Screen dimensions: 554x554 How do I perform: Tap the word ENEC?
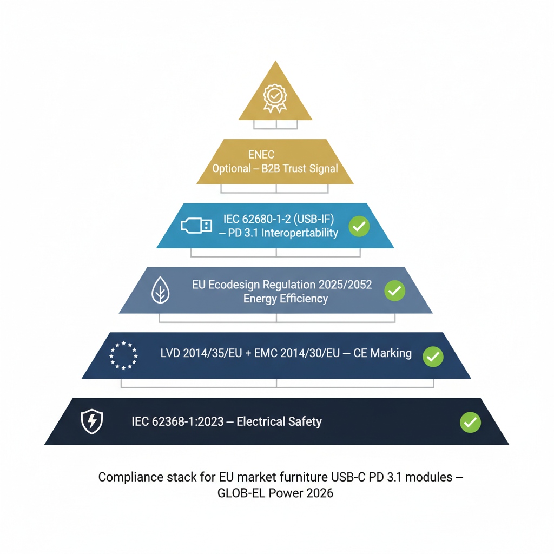click(x=261, y=155)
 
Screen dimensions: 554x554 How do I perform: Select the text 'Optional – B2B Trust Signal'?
click(x=275, y=169)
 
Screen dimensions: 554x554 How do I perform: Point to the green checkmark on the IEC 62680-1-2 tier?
click(x=359, y=226)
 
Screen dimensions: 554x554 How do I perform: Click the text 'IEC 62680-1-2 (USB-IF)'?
click(x=279, y=219)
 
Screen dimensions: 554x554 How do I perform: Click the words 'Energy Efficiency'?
click(x=285, y=299)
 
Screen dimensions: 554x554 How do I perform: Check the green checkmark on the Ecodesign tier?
click(x=394, y=291)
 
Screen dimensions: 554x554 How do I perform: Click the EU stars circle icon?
click(x=123, y=355)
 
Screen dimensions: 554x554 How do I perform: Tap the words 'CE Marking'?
click(x=382, y=354)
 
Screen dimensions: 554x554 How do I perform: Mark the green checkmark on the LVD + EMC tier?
click(x=433, y=356)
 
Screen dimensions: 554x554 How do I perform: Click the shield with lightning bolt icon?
click(x=91, y=421)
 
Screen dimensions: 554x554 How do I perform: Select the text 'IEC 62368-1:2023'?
click(x=177, y=421)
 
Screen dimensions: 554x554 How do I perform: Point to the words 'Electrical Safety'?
click(x=280, y=421)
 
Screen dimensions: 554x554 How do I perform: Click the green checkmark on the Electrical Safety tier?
click(x=470, y=422)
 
